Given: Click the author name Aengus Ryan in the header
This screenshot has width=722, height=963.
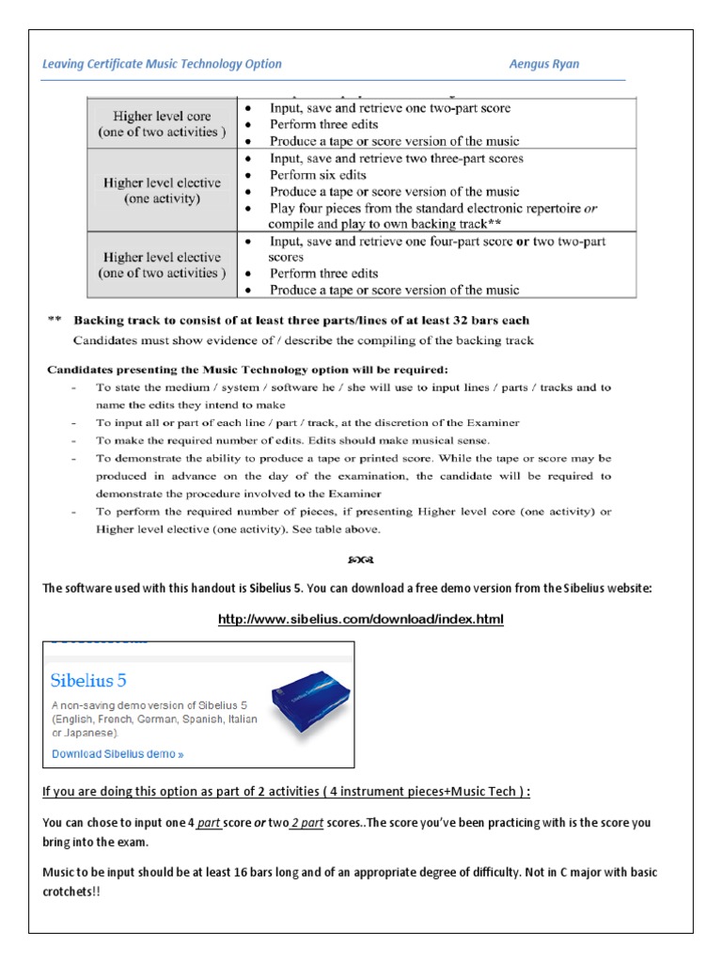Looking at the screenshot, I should (544, 64).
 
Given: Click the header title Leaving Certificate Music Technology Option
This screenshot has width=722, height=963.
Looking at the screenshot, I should (162, 64).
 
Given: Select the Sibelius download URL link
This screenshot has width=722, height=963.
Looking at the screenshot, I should (361, 619).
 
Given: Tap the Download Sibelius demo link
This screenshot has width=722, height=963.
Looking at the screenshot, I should (118, 753).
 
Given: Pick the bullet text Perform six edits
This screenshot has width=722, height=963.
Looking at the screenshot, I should (318, 175).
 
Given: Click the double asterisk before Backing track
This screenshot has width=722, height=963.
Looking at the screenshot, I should (55, 320).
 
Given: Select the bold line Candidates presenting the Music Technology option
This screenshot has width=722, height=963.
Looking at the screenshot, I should (248, 368).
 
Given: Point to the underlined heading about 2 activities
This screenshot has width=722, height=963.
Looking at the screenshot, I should (287, 791).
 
